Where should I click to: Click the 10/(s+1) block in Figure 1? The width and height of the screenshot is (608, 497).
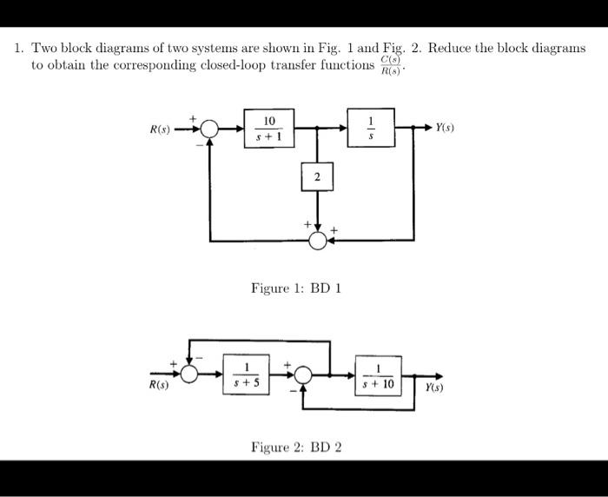click(x=269, y=128)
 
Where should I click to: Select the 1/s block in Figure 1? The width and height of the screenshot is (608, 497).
click(x=372, y=128)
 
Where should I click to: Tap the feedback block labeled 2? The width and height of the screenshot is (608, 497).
click(x=317, y=178)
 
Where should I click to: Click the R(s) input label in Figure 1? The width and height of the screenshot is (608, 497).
click(x=159, y=130)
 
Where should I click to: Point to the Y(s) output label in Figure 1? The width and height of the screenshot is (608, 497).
click(x=447, y=128)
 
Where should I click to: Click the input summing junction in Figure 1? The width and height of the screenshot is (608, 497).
click(x=208, y=129)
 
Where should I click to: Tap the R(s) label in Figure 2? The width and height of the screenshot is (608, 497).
click(x=159, y=386)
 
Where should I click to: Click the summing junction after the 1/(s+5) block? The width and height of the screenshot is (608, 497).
click(x=301, y=374)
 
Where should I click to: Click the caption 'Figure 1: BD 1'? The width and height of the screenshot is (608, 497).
click(x=296, y=288)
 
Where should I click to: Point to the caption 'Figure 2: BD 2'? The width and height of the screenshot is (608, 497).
click(x=296, y=447)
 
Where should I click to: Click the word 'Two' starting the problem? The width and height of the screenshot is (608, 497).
click(x=45, y=49)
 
